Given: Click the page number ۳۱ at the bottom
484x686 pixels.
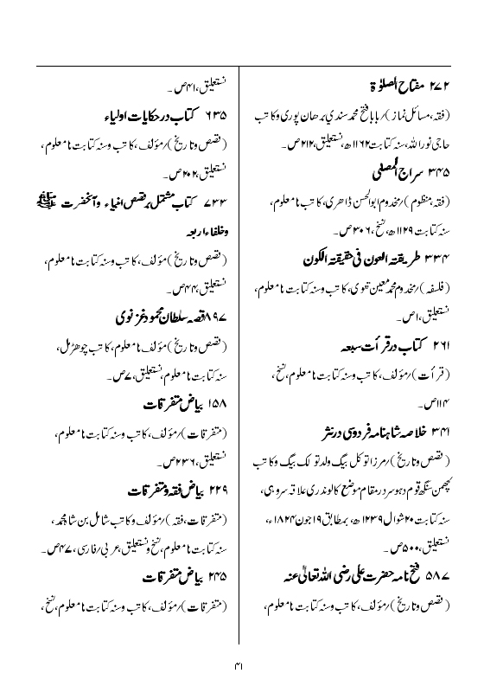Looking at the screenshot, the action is click(241, 665).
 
